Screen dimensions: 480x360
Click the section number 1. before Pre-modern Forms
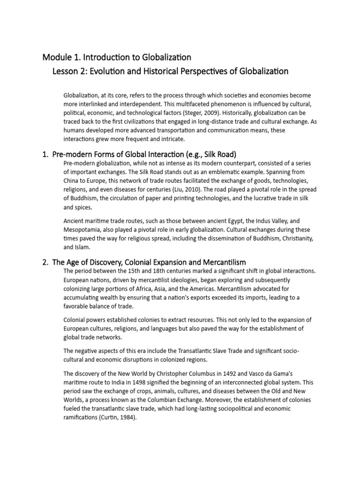[x=46, y=155]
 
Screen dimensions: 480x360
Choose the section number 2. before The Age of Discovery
[x=46, y=262]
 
